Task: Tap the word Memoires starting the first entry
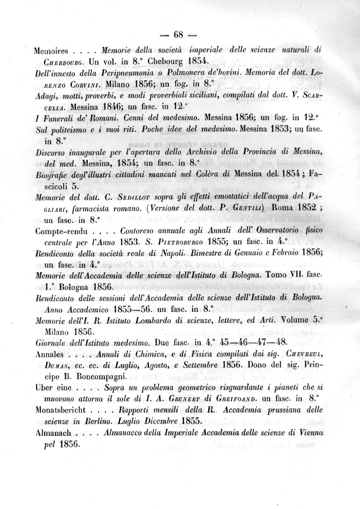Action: click(51, 52)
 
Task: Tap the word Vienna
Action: click(307, 434)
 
